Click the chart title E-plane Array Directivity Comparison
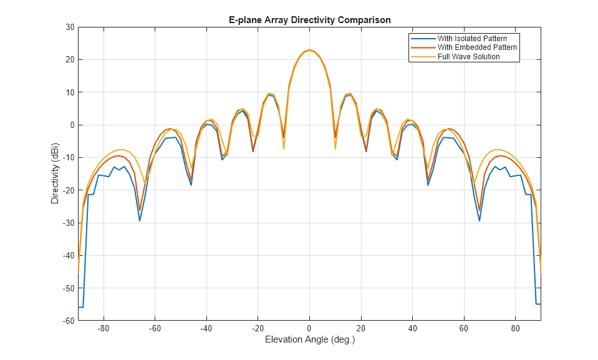pyautogui.click(x=309, y=20)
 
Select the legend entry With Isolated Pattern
pyautogui.click(x=473, y=39)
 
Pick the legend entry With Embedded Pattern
pyautogui.click(x=477, y=47)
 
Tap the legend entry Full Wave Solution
pyautogui.click(x=468, y=57)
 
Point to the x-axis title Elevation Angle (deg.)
pyautogui.click(x=309, y=340)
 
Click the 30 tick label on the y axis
pyautogui.click(x=69, y=27)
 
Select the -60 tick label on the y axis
pyautogui.click(x=67, y=321)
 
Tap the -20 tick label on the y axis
pyautogui.click(x=67, y=190)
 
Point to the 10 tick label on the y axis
pyautogui.click(x=69, y=92)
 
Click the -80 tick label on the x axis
pyautogui.click(x=104, y=329)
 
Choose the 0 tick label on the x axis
pyautogui.click(x=309, y=329)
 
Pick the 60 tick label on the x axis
pyautogui.click(x=463, y=329)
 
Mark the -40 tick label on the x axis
pyautogui.click(x=206, y=329)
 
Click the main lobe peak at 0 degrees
pyautogui.click(x=309, y=50)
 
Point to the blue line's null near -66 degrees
pyautogui.click(x=140, y=220)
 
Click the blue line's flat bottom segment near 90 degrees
pyautogui.click(x=538, y=304)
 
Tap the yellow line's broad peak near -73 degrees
pyautogui.click(x=122, y=150)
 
